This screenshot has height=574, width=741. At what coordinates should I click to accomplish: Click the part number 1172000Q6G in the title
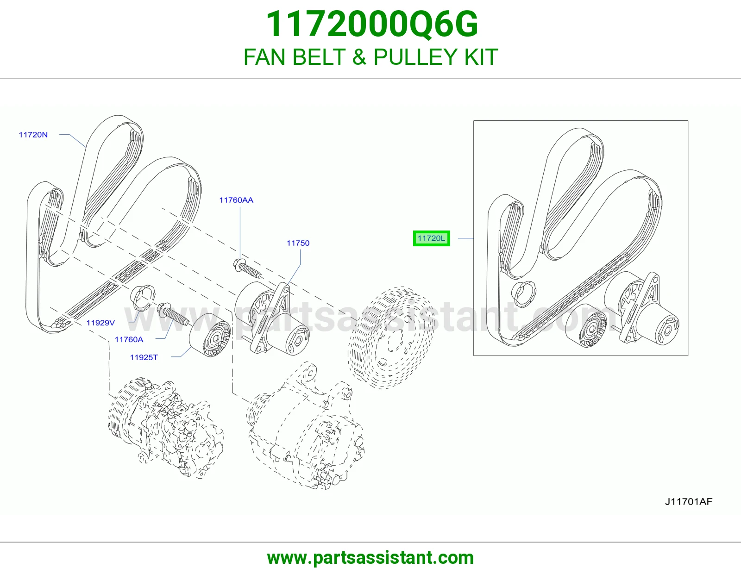pyautogui.click(x=372, y=25)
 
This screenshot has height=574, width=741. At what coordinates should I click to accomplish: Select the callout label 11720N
pyautogui.click(x=33, y=135)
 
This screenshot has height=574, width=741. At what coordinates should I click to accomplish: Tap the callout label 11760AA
pyautogui.click(x=236, y=200)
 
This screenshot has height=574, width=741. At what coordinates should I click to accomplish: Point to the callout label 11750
pyautogui.click(x=298, y=243)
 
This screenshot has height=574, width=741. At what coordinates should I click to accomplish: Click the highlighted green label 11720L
pyautogui.click(x=431, y=238)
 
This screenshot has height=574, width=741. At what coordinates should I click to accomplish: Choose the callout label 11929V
pyautogui.click(x=100, y=323)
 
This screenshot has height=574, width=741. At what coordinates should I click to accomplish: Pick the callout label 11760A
pyautogui.click(x=129, y=339)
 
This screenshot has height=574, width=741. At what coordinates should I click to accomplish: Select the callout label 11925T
pyautogui.click(x=144, y=357)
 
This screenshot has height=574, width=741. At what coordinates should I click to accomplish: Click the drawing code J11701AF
pyautogui.click(x=689, y=501)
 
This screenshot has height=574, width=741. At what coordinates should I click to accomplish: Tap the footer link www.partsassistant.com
pyautogui.click(x=370, y=558)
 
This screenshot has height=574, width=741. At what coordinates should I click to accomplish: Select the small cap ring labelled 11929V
pyautogui.click(x=143, y=298)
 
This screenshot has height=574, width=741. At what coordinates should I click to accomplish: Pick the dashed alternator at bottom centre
pyautogui.click(x=306, y=426)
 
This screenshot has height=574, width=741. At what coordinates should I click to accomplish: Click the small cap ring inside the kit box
pyautogui.click(x=523, y=293)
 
